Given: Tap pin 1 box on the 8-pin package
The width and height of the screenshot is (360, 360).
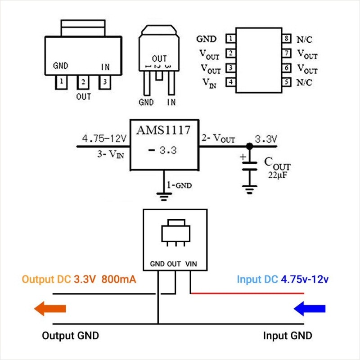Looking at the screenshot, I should (230, 39).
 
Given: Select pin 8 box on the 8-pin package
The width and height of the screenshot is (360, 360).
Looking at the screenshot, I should (286, 39).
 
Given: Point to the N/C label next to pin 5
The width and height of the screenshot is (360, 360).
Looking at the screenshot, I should (304, 83).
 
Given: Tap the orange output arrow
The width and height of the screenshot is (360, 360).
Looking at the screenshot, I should (50, 309).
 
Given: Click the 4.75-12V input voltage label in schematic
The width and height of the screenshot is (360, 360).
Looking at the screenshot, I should (103, 138).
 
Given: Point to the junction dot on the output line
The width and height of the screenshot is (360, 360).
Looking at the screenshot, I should (248, 146).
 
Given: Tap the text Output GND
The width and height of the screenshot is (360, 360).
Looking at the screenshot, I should (70, 336).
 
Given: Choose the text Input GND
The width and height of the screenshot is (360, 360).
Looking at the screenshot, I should (287, 336).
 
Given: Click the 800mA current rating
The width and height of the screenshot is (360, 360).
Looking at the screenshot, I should (119, 279).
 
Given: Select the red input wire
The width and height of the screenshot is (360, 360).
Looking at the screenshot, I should (247, 294).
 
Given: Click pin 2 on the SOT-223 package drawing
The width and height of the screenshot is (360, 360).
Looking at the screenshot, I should (83, 82).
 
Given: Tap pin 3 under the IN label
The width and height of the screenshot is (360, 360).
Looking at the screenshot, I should (104, 82).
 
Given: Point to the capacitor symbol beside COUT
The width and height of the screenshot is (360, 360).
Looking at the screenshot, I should (248, 165).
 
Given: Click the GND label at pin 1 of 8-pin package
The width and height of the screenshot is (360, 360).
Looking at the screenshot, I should (207, 39).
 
